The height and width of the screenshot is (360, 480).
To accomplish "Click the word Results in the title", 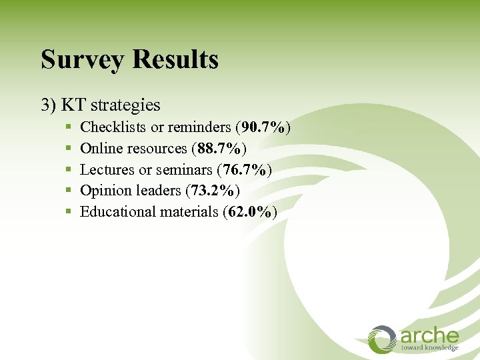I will tap(175, 59).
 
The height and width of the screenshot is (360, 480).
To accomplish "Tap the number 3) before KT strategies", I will tap(49, 105).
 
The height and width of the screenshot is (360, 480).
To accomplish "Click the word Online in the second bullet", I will tap(99, 148).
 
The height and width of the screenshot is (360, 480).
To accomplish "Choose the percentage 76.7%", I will tap(244, 169).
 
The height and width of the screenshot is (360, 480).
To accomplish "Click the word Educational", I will tap(117, 212).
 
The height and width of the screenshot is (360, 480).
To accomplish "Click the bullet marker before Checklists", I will tap(69, 127).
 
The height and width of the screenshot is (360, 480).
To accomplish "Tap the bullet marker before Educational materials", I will tap(69, 212).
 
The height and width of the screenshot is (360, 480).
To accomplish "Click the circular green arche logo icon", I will tap(383, 339).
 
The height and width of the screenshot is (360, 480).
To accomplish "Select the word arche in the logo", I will tap(429, 335).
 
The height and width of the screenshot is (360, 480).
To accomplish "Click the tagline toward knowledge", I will tap(429, 348).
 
